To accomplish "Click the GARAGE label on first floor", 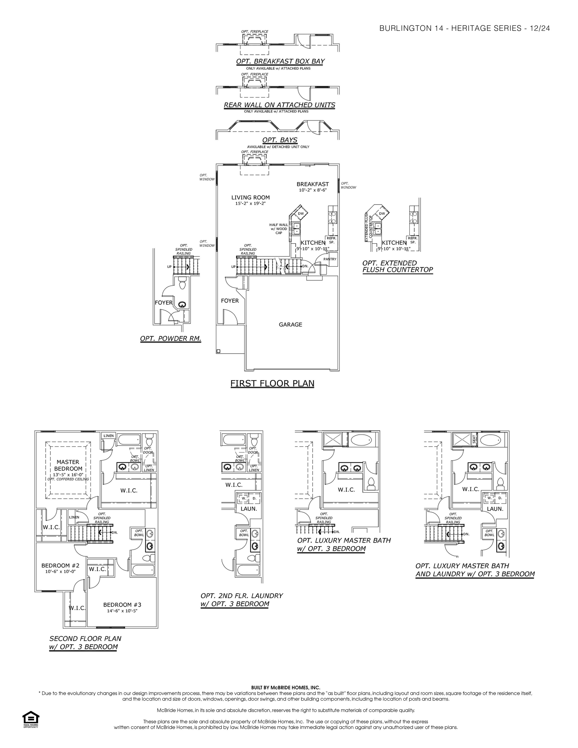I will [290, 325].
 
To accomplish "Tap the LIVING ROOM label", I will [250, 198].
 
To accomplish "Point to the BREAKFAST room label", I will [313, 184].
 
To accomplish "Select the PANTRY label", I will [330, 259].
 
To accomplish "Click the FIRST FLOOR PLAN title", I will [272, 383].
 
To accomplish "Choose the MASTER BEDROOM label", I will [68, 465].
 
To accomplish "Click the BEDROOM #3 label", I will [122, 605].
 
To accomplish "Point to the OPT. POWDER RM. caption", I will [170, 339].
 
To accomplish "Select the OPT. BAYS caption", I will [280, 140].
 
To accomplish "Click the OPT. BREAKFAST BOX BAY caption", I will [280, 61].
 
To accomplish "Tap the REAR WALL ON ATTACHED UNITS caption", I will [279, 105].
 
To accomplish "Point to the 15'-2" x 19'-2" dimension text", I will [250, 204].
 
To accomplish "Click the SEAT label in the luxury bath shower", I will [474, 440].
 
